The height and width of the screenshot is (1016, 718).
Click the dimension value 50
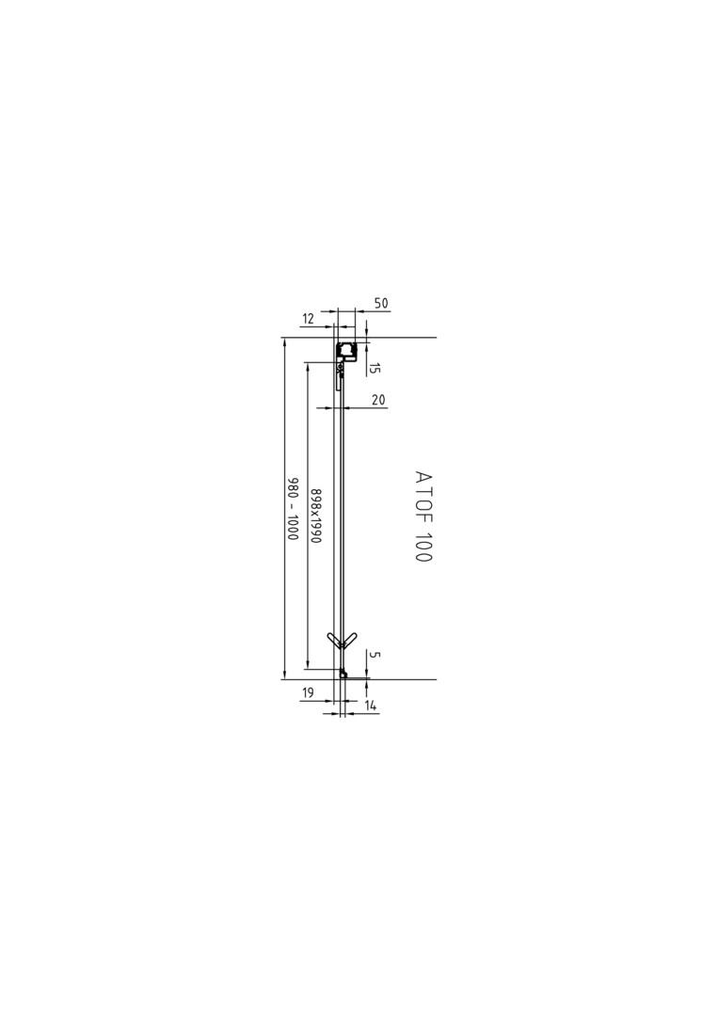pyautogui.click(x=381, y=303)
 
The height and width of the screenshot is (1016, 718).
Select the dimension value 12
pyautogui.click(x=308, y=319)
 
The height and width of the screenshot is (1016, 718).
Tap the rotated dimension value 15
pyautogui.click(x=375, y=368)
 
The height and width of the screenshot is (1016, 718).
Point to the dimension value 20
pyautogui.click(x=378, y=400)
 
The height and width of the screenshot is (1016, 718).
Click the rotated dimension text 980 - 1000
pyautogui.click(x=293, y=510)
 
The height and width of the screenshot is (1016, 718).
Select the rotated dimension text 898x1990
pyautogui.click(x=315, y=515)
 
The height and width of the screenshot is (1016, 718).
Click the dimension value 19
pyautogui.click(x=308, y=692)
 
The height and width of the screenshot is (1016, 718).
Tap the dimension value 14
pyautogui.click(x=371, y=706)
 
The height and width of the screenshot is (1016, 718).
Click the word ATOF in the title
pyautogui.click(x=423, y=499)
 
